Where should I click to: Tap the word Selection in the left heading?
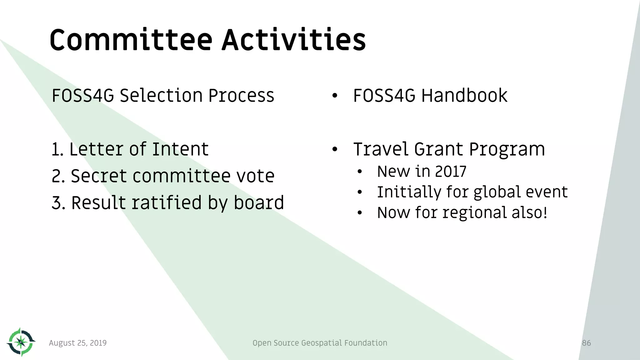(161, 96)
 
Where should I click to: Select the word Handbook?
(464, 96)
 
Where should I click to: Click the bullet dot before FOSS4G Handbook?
(335, 96)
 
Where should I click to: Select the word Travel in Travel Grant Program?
(381, 149)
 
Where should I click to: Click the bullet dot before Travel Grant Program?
(335, 149)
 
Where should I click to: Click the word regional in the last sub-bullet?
(475, 213)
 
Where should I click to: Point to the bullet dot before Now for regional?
(360, 213)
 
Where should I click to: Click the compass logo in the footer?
(21, 342)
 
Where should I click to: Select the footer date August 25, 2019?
(78, 343)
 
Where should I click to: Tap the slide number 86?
(586, 343)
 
